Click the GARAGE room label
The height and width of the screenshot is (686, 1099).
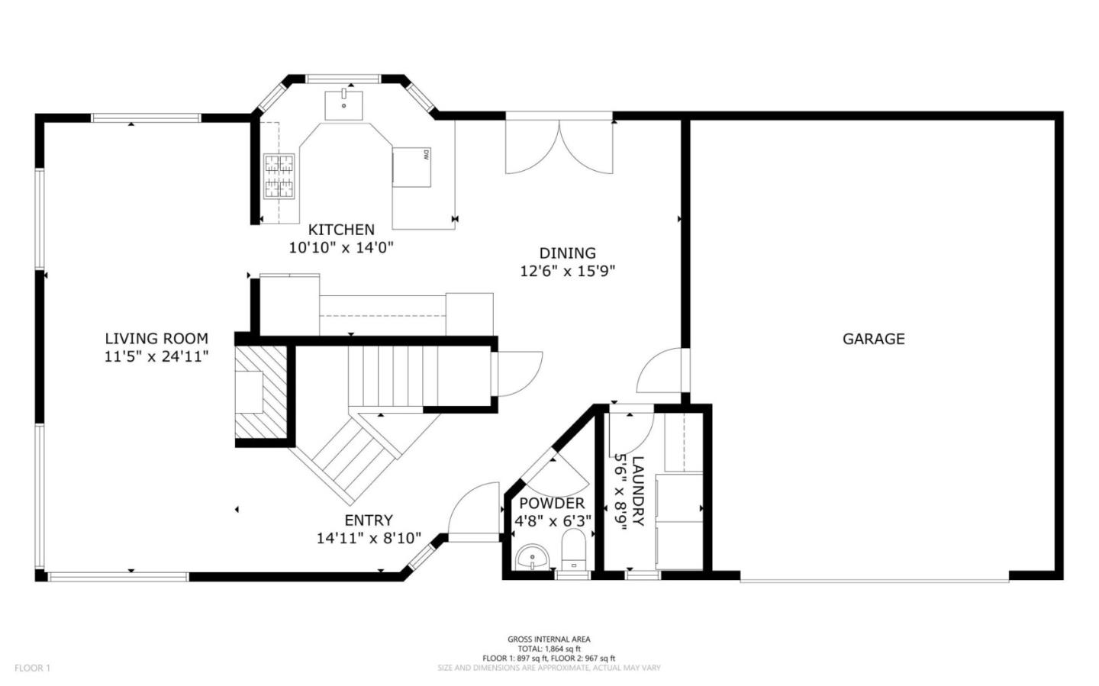tap(873, 339)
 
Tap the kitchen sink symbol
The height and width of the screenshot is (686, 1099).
tap(344, 105)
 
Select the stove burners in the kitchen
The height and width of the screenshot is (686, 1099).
tap(279, 176)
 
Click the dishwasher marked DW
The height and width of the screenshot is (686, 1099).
tap(412, 166)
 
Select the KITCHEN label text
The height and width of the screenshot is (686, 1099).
tap(341, 230)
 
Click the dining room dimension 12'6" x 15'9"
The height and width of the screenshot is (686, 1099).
tap(568, 271)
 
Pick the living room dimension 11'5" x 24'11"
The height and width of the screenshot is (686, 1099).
tap(156, 356)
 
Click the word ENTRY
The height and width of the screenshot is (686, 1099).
tap(369, 521)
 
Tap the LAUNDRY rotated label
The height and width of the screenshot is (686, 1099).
tap(639, 491)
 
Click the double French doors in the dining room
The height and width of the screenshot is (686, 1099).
tap(559, 145)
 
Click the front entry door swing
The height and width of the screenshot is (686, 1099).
tap(472, 514)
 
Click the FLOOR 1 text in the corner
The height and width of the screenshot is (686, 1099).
tap(32, 668)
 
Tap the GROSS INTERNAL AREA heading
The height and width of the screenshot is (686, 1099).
tap(549, 639)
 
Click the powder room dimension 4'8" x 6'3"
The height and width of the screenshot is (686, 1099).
tap(553, 521)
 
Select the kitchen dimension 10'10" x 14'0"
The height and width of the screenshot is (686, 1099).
tap(341, 247)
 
